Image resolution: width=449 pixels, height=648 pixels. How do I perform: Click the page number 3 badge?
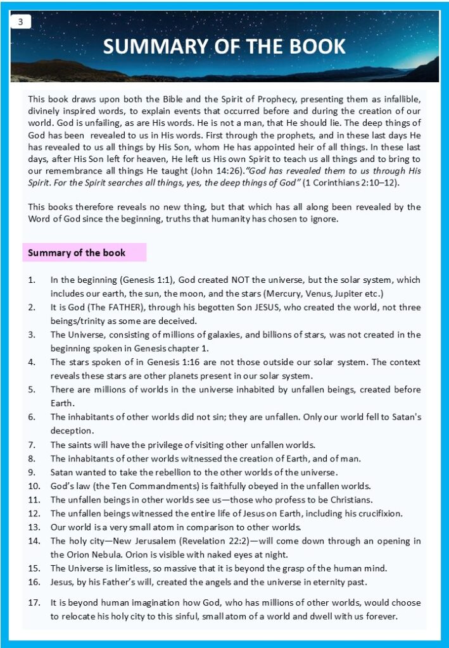tap(21, 22)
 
